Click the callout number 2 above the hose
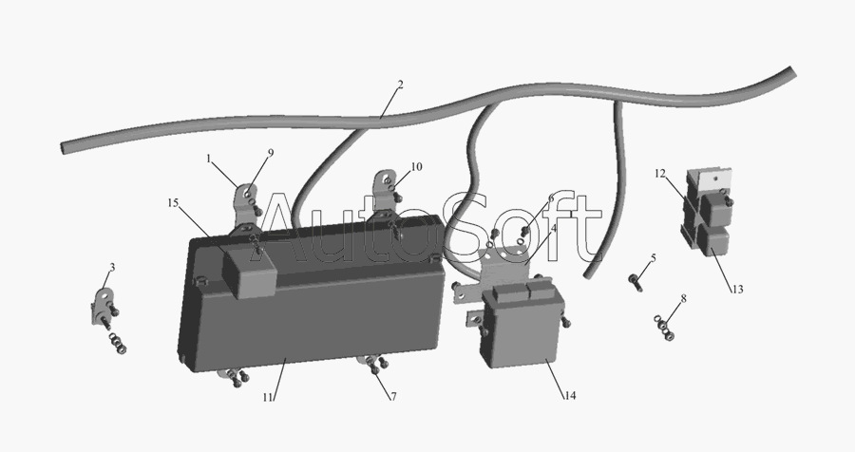point(400,85)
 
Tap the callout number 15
point(173,203)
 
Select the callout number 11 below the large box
point(267,398)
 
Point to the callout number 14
point(570,395)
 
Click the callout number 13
point(737,290)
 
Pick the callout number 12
point(660,174)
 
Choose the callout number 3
point(112,267)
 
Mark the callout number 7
point(393,397)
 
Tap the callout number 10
point(417,167)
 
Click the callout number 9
point(271,153)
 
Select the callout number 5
point(653,257)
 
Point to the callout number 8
point(683,298)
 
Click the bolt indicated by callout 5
point(636,282)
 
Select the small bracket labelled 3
point(102,307)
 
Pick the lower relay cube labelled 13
point(714,241)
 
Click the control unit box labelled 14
point(521,326)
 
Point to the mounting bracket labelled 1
point(242,207)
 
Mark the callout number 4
point(554,229)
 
